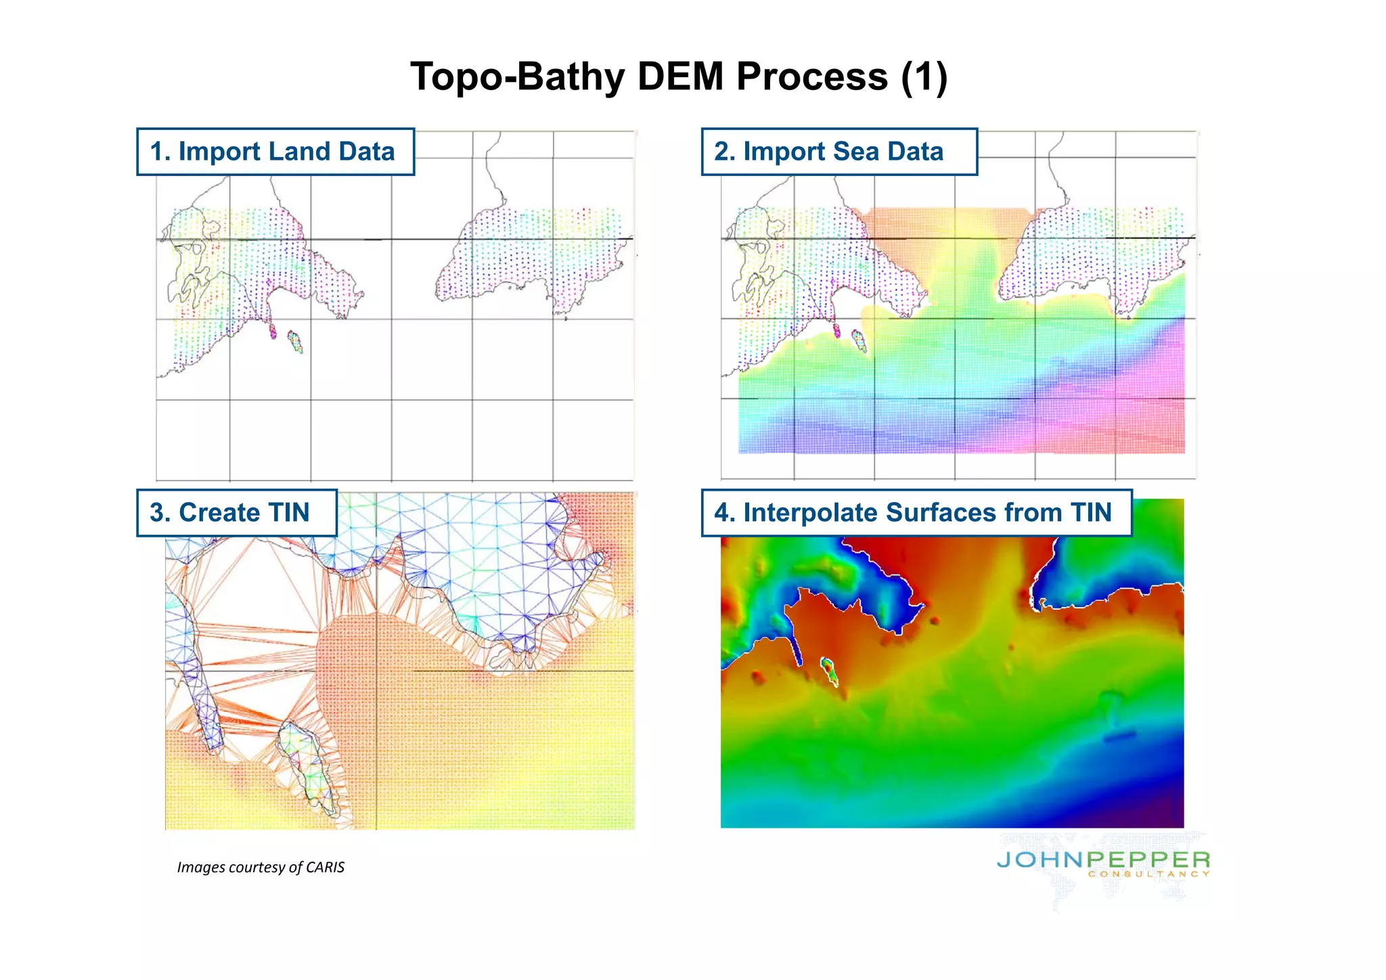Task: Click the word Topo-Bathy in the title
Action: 517,76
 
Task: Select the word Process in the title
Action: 811,76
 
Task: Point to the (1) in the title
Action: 924,76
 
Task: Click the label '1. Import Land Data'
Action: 275,152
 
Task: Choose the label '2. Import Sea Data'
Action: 839,152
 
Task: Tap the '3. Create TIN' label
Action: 236,513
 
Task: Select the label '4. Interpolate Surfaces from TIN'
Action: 916,513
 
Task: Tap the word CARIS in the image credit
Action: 326,868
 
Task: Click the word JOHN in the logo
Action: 1040,860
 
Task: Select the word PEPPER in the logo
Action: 1148,860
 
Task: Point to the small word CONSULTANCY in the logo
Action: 1148,874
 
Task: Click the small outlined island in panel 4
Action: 828,670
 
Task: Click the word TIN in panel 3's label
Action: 289,513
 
